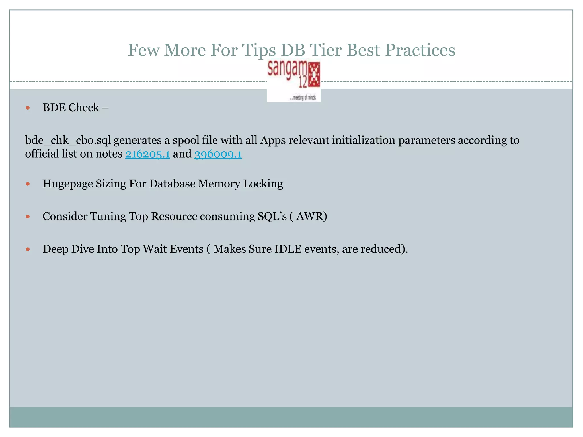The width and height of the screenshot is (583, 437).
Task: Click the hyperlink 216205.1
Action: coord(147,154)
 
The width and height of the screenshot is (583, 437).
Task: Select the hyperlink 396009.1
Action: coord(218,154)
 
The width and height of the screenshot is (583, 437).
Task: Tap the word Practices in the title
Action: coord(420,50)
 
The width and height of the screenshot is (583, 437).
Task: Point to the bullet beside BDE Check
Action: coord(28,108)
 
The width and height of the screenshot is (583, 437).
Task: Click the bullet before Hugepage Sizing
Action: coord(28,184)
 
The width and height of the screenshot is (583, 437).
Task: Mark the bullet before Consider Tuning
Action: coord(28,217)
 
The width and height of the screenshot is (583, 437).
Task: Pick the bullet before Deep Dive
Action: coord(28,249)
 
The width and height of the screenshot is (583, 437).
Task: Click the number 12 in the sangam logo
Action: coord(303,83)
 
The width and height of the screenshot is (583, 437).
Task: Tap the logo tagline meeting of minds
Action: coord(303,98)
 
